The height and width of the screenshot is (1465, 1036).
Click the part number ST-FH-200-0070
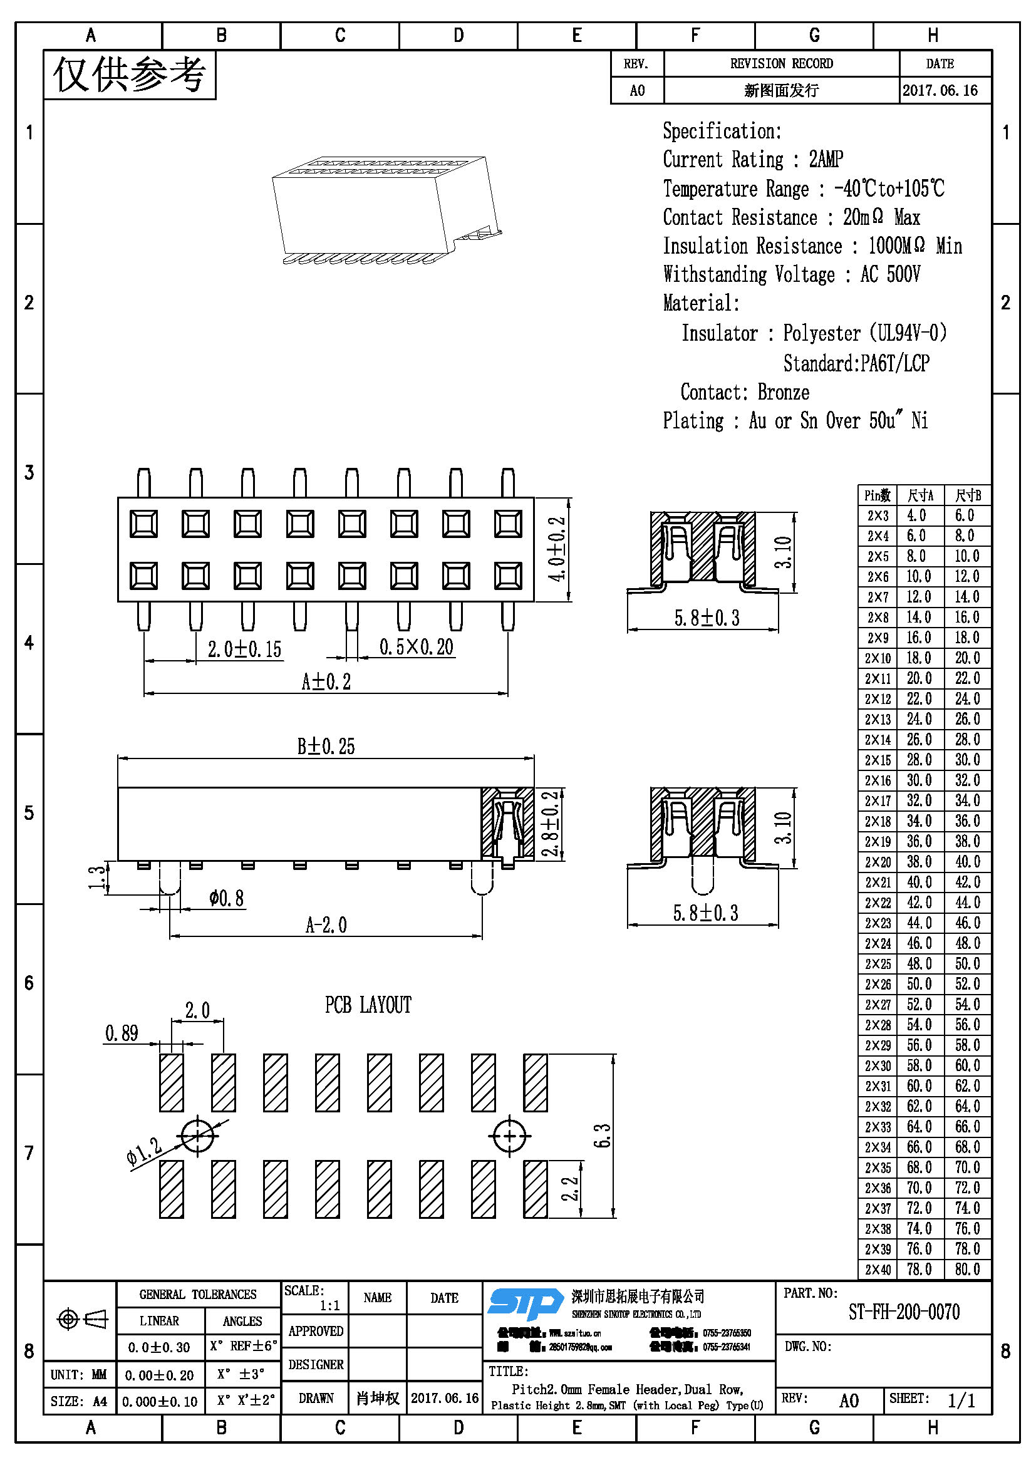(x=903, y=1312)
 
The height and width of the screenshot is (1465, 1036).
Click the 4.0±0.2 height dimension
(x=557, y=549)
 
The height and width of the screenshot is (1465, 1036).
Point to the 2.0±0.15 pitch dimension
(x=244, y=650)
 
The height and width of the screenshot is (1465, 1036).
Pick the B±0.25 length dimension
(x=326, y=747)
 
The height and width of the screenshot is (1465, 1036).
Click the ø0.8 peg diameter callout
(x=227, y=898)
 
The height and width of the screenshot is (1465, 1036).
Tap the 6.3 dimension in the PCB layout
(x=602, y=1135)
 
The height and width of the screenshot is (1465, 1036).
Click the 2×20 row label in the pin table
(x=878, y=862)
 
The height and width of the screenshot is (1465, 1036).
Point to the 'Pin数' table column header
(x=878, y=496)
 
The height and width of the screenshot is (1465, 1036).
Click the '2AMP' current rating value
(x=826, y=159)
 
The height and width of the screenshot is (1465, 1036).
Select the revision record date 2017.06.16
(x=940, y=90)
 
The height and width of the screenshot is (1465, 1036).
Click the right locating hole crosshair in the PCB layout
(x=509, y=1136)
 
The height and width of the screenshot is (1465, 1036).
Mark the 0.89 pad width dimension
(x=122, y=1033)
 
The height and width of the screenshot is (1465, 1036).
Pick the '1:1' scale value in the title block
(x=330, y=1305)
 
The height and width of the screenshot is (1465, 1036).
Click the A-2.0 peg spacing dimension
(x=326, y=925)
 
